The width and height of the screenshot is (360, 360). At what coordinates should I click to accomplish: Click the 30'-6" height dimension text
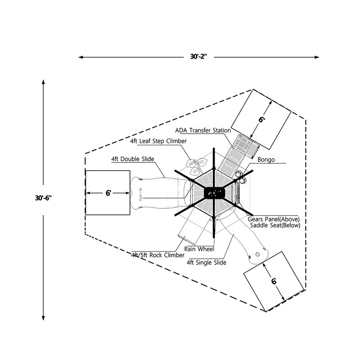pos(44,198)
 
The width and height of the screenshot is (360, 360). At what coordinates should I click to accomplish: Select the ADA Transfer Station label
pos(203,130)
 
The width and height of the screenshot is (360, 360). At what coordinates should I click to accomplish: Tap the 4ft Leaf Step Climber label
pos(158,141)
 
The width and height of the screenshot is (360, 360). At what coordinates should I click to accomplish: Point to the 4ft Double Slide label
pos(133,159)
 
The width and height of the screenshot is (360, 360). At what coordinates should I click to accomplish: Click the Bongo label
pos(266,159)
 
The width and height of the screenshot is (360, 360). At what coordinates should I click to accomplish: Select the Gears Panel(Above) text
pos(274,219)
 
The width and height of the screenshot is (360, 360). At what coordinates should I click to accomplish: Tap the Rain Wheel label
pos(199,248)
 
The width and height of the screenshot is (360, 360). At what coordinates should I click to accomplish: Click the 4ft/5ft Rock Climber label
pos(152,255)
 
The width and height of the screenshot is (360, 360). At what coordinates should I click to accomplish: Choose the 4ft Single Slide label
pos(206,262)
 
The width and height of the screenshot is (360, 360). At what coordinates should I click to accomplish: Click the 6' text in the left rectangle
pos(108,193)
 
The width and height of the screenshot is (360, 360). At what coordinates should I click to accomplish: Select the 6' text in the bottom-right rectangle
pos(274,281)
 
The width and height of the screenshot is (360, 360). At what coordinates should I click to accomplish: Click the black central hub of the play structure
pos(214,193)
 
